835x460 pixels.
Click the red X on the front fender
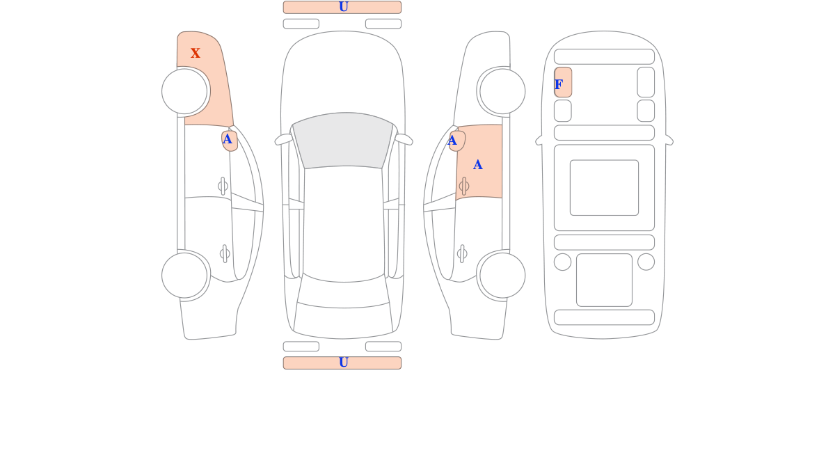pyautogui.click(x=196, y=53)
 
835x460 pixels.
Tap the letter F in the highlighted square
pyautogui.click(x=558, y=85)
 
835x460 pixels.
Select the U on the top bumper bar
pyautogui.click(x=344, y=7)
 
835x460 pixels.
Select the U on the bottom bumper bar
pyautogui.click(x=344, y=362)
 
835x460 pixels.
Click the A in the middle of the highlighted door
pyautogui.click(x=477, y=165)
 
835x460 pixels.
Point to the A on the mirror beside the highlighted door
pyautogui.click(x=452, y=141)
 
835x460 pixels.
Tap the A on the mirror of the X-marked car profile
pyautogui.click(x=227, y=139)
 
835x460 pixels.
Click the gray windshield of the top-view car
pyautogui.click(x=343, y=140)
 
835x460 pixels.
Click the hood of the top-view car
pyautogui.click(x=343, y=74)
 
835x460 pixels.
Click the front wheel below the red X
pyautogui.click(x=184, y=91)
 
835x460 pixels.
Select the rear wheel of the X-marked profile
pyautogui.click(x=184, y=276)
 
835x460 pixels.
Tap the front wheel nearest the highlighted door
pyautogui.click(x=502, y=91)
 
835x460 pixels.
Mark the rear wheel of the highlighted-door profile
pyautogui.click(x=502, y=276)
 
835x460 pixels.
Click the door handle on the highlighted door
pyautogui.click(x=464, y=186)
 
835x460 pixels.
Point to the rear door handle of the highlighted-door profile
pyautogui.click(x=462, y=254)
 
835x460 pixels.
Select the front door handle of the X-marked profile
pyautogui.click(x=223, y=186)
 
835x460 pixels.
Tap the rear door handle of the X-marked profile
pyautogui.click(x=225, y=254)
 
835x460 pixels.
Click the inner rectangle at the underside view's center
pyautogui.click(x=604, y=188)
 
